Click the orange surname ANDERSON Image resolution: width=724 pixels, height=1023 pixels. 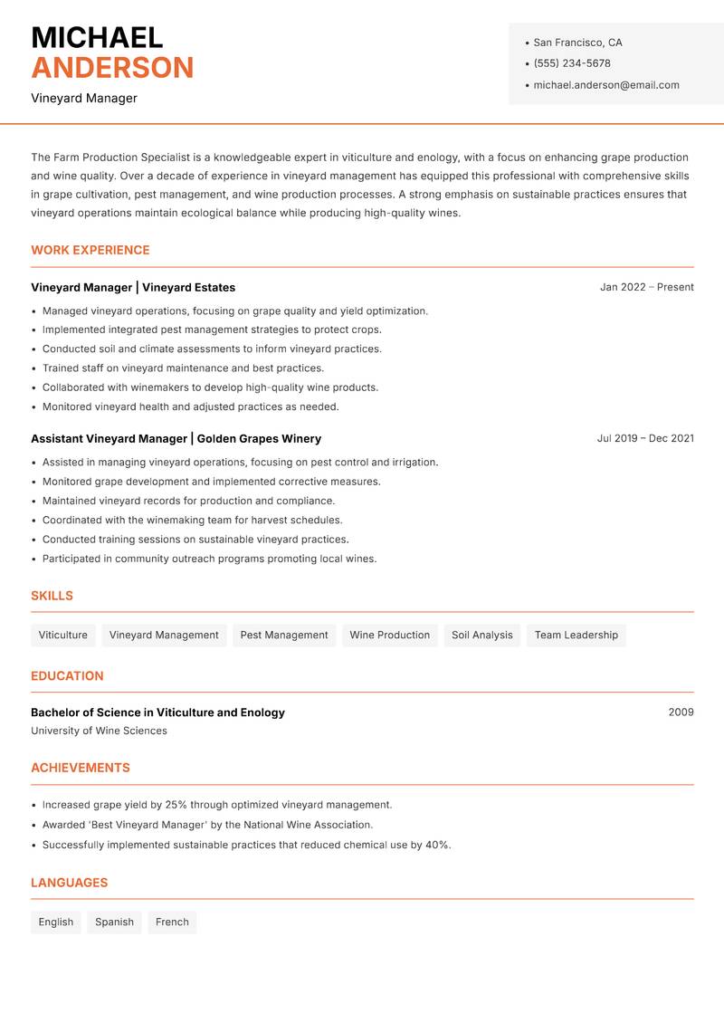(112, 68)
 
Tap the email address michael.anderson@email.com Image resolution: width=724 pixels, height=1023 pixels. (605, 85)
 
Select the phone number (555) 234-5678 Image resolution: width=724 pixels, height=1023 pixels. (571, 63)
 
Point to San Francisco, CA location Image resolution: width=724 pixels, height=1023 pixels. (577, 43)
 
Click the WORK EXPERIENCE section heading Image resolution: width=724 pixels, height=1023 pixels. (90, 250)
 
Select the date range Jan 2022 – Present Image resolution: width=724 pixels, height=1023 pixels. (646, 287)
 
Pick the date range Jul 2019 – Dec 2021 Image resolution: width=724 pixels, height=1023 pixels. (645, 438)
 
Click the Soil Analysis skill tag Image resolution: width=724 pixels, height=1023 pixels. (481, 635)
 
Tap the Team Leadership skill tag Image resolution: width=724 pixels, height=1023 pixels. (576, 635)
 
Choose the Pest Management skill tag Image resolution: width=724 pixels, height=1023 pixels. (284, 635)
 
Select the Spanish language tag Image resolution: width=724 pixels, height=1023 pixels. (114, 922)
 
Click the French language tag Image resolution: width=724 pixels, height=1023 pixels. (172, 922)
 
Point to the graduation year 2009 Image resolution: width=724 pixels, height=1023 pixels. (681, 712)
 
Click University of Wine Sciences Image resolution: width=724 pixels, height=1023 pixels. (99, 731)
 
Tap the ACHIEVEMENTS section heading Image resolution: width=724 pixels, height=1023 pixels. (81, 768)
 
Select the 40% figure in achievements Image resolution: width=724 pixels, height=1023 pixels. (437, 845)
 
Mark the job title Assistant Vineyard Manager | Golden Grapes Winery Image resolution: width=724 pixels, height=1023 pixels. (176, 438)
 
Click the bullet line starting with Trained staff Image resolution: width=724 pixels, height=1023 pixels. (183, 368)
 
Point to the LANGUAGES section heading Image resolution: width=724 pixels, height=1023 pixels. (69, 883)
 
